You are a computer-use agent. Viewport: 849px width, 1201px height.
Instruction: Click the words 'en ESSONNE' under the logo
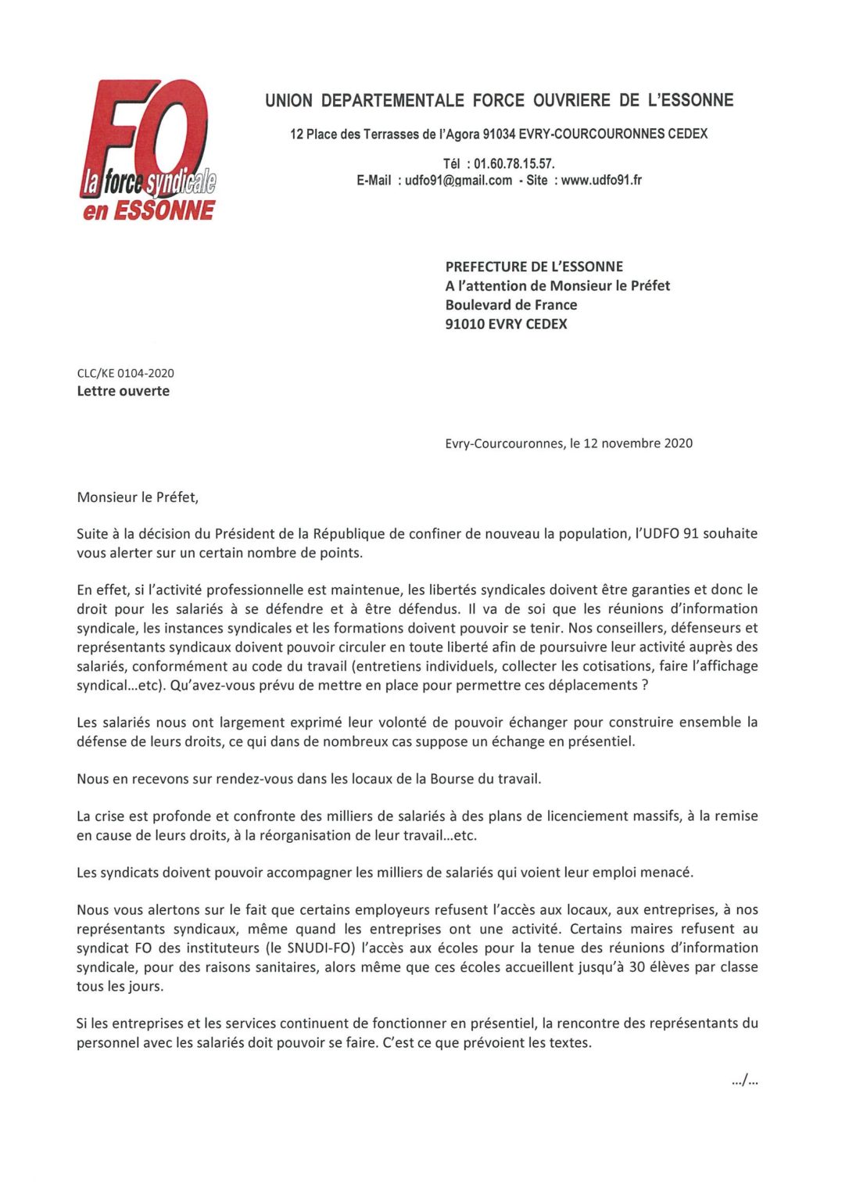(x=149, y=210)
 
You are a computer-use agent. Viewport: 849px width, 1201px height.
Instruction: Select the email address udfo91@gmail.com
(x=458, y=181)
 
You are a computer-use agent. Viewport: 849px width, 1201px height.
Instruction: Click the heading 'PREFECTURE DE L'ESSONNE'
(x=534, y=267)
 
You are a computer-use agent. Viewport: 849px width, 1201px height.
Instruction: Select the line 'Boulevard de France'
(x=511, y=305)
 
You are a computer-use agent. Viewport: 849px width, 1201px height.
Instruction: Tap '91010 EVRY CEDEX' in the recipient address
(x=506, y=324)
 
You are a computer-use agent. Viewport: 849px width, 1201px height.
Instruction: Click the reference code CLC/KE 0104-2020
(x=125, y=373)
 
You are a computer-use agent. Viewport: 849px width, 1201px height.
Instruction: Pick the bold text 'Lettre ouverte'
(x=123, y=391)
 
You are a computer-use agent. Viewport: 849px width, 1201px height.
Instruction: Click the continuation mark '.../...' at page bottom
(x=745, y=1081)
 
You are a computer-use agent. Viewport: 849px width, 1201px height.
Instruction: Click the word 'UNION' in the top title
(x=288, y=100)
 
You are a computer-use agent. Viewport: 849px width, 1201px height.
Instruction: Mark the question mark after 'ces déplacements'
(x=645, y=685)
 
